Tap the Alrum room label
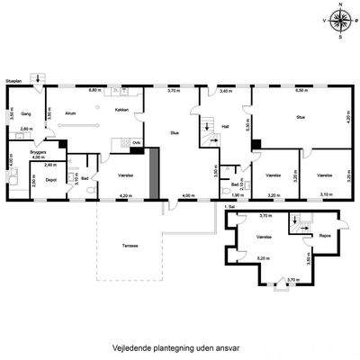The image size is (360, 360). point(69,114)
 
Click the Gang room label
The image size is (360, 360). point(26,114)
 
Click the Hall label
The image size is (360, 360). point(226,127)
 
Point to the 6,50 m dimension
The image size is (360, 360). point(302,90)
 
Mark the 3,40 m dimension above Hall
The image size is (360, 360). point(225,90)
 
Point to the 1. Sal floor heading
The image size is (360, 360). point(230,206)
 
